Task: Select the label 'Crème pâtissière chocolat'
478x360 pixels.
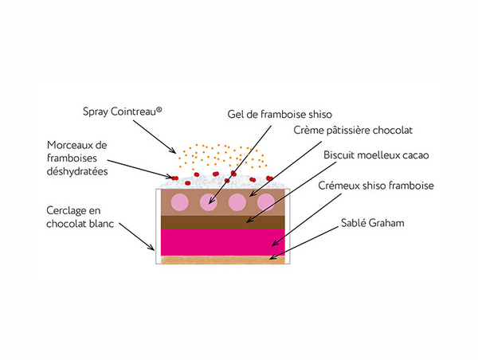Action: [355, 130]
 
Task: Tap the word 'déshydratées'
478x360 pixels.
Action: [78, 170]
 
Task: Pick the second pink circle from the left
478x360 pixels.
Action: [209, 202]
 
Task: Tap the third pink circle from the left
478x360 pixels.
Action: [237, 202]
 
